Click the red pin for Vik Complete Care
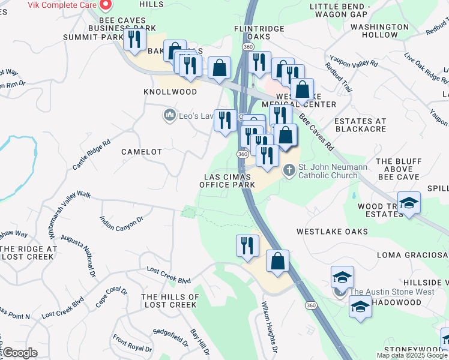point(106,5)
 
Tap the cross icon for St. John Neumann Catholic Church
point(289,170)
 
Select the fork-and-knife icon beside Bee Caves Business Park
point(134,40)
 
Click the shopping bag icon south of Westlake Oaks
point(277,262)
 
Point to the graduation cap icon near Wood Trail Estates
point(409,203)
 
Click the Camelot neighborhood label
point(142,152)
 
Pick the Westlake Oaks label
point(332,231)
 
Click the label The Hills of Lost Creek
point(170,301)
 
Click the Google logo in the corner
point(19,353)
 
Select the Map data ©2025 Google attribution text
point(412,355)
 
